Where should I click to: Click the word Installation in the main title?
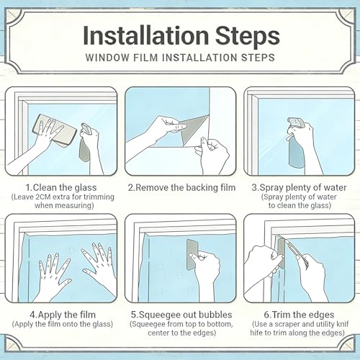click(x=146, y=35)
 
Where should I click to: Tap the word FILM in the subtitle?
click(x=146, y=58)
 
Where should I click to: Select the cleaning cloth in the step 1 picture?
click(x=54, y=130)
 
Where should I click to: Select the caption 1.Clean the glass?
click(x=61, y=187)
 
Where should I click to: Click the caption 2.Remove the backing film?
click(x=181, y=187)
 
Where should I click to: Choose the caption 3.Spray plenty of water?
click(x=299, y=187)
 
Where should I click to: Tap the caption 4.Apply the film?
click(x=63, y=315)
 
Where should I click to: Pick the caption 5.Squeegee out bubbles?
click(x=181, y=315)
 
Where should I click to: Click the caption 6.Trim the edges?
click(x=299, y=315)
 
